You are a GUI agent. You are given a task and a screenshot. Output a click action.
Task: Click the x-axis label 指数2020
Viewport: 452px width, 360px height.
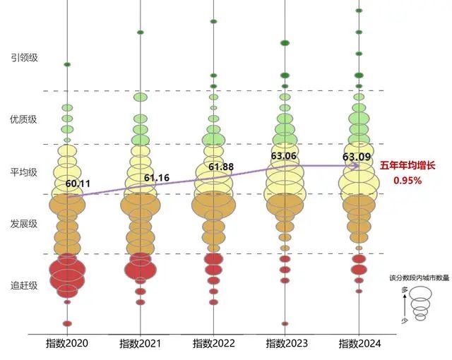pyautogui.click(x=67, y=343)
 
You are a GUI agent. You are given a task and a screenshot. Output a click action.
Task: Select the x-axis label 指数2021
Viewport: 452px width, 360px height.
pyautogui.click(x=140, y=343)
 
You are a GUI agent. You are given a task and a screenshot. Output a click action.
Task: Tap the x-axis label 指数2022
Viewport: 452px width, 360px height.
pyautogui.click(x=213, y=343)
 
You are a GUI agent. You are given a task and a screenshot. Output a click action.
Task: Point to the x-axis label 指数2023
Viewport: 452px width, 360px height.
pyautogui.click(x=287, y=343)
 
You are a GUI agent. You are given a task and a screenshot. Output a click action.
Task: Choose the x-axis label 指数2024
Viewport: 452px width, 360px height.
pyautogui.click(x=359, y=343)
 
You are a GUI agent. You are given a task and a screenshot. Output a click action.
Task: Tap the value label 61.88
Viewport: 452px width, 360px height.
pyautogui.click(x=220, y=167)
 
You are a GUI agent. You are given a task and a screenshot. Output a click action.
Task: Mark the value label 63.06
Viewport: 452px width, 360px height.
pyautogui.click(x=284, y=155)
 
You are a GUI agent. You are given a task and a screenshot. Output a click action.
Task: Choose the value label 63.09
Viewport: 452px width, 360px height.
pyautogui.click(x=356, y=156)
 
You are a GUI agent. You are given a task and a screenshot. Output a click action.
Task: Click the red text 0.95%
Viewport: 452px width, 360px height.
pyautogui.click(x=408, y=180)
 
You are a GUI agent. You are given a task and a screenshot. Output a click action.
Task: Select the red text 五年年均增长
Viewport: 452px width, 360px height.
pyautogui.click(x=408, y=166)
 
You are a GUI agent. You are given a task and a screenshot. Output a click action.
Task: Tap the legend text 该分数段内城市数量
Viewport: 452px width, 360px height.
pyautogui.click(x=420, y=278)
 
